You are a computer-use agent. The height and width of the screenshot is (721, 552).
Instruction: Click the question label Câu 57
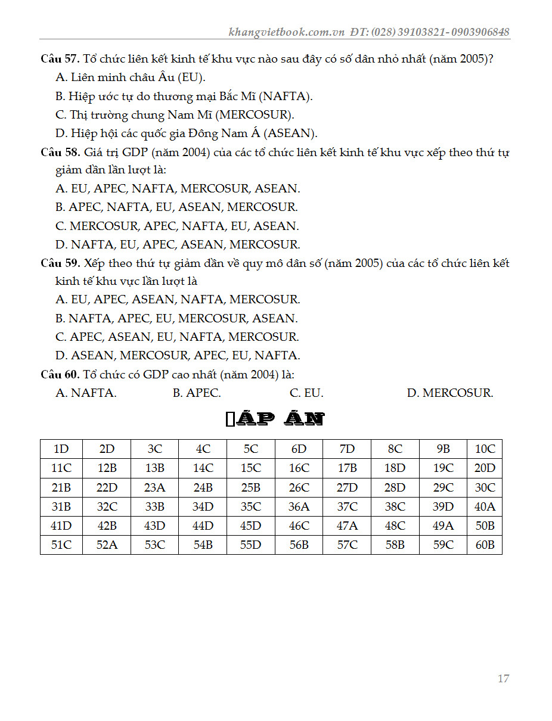(x=60, y=59)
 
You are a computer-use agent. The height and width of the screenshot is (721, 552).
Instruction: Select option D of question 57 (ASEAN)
(x=186, y=133)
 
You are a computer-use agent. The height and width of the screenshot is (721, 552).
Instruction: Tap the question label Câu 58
(x=60, y=152)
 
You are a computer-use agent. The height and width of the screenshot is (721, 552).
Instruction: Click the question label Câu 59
(x=60, y=263)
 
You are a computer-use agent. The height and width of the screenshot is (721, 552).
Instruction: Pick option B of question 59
(x=176, y=318)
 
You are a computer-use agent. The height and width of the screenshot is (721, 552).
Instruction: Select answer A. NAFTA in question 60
(x=86, y=393)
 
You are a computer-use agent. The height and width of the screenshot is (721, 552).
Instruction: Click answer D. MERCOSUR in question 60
(x=450, y=393)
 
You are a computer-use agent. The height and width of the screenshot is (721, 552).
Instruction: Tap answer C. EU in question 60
(x=306, y=393)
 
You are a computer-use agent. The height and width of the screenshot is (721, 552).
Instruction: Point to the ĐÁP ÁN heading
(x=275, y=419)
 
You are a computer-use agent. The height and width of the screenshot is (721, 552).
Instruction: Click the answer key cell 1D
(x=61, y=449)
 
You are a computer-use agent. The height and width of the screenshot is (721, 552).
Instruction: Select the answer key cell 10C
(x=484, y=449)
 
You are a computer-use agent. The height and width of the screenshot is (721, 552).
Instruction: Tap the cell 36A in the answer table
(x=299, y=506)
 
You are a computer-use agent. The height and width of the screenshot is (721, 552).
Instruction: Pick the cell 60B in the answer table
(x=484, y=545)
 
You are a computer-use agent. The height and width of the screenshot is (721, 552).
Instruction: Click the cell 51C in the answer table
(x=61, y=545)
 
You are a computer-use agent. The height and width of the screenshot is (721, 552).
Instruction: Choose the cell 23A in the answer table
(x=154, y=487)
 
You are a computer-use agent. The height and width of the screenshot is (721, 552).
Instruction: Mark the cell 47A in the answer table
(x=347, y=526)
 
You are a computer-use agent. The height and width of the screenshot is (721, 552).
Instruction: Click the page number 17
(x=503, y=678)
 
